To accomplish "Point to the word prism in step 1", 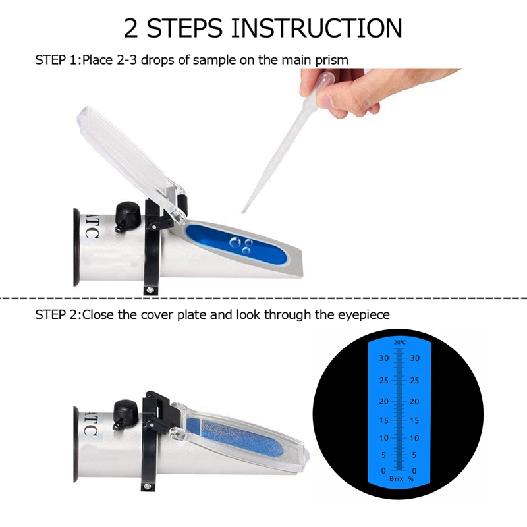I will point(332,60).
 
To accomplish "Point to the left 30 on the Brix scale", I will point(383,358).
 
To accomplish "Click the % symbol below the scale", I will point(410,480).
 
